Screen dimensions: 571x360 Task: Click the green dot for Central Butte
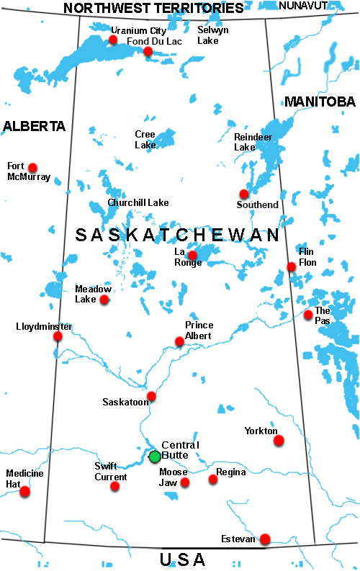[155, 457]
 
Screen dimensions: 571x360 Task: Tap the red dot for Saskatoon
[151, 396]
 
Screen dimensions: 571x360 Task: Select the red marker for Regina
[212, 479]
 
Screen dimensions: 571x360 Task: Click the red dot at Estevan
[265, 539]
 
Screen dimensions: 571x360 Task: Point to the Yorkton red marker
[279, 440]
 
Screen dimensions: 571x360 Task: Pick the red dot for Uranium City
[113, 40]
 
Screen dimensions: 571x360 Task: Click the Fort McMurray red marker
[32, 168]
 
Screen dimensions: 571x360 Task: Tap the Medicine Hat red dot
[25, 492]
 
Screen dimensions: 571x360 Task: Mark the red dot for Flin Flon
[292, 267]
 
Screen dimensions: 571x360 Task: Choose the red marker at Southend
[244, 194]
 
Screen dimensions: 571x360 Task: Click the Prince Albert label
[199, 331]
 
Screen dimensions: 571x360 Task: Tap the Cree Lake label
[145, 139]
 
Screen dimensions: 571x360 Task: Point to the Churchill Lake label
[138, 203]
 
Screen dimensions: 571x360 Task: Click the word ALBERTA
[34, 126]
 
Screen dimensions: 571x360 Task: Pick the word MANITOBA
[320, 102]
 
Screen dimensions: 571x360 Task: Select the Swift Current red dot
[115, 486]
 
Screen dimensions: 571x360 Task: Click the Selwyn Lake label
[212, 35]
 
